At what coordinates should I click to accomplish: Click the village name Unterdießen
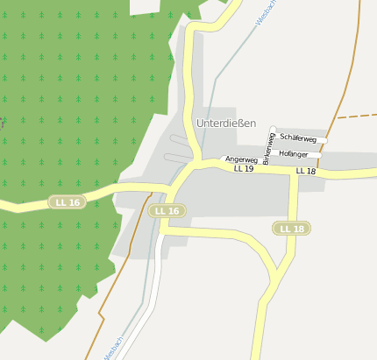226,124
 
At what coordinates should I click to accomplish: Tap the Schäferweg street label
298,139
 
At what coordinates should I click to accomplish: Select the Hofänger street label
294,153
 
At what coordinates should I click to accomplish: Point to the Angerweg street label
241,159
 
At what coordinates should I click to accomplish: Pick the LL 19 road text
243,168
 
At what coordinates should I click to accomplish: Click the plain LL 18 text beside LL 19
306,171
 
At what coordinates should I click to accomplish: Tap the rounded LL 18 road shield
292,229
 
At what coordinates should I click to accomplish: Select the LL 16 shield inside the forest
67,202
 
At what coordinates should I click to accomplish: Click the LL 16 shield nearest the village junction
167,211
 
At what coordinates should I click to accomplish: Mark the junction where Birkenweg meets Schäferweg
274,134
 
